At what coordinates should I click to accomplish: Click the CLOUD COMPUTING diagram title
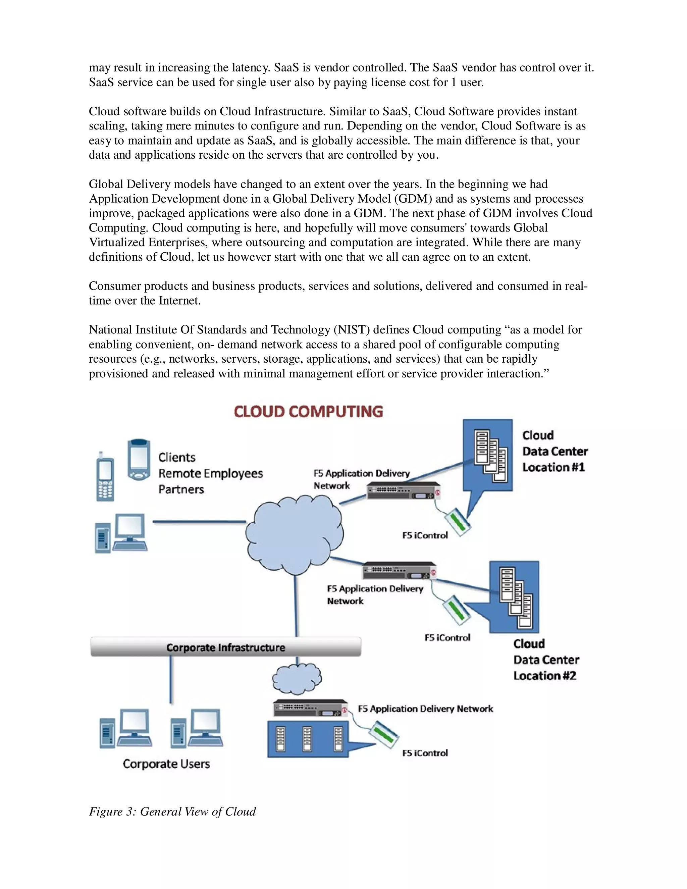[308, 412]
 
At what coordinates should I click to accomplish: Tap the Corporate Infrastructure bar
[225, 647]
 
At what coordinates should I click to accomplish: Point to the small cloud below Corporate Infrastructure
[297, 678]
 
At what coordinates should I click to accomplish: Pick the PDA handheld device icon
[139, 460]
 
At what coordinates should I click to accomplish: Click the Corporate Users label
[166, 764]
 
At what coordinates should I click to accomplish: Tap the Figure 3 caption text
[172, 811]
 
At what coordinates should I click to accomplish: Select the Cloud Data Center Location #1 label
[554, 451]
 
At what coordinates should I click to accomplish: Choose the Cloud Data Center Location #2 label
[545, 660]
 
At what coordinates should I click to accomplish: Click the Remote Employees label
[210, 473]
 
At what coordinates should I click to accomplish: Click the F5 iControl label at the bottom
[425, 753]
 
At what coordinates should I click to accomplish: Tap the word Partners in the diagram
[181, 489]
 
